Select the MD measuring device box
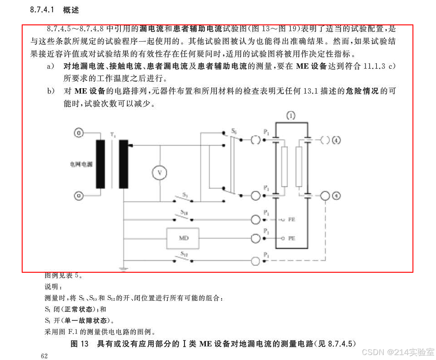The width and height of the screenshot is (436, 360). click(184, 238)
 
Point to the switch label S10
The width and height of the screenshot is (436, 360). click(185, 212)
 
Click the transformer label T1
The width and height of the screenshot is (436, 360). click(113, 135)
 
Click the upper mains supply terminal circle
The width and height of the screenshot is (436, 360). click(79, 133)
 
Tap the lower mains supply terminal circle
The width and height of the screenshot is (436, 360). click(79, 196)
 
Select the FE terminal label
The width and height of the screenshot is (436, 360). click(291, 219)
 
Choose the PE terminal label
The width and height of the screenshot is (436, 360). click(291, 238)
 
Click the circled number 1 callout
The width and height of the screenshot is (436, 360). click(291, 116)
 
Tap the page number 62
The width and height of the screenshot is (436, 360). click(44, 356)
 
